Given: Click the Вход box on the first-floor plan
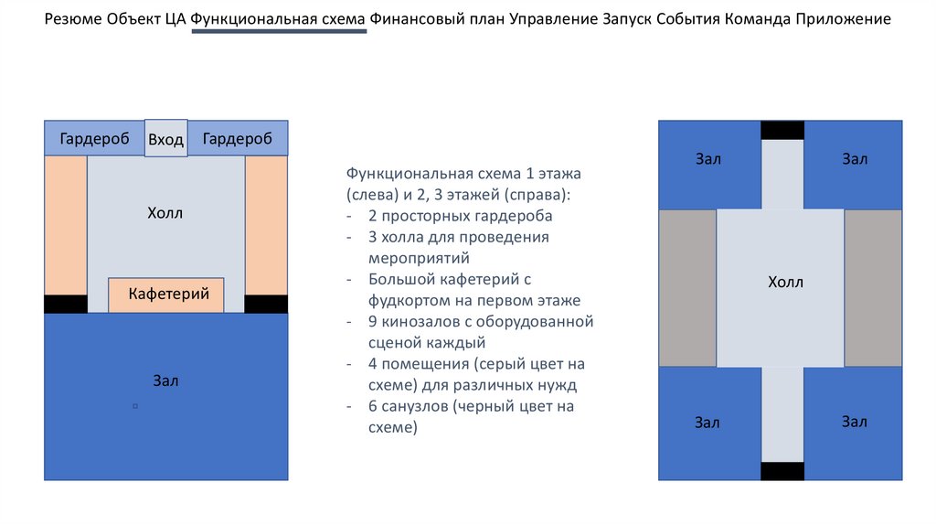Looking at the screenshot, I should (x=166, y=138).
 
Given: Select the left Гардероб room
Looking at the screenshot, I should (x=94, y=138).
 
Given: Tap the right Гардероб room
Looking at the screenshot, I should (x=239, y=138).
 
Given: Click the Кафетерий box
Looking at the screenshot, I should (x=168, y=295).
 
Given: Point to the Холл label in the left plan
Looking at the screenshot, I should (x=165, y=213).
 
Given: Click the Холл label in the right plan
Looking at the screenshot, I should (x=785, y=282).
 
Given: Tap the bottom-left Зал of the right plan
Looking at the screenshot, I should (x=708, y=423).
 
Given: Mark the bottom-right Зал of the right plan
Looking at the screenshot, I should (x=854, y=423).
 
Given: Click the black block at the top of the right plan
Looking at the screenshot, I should (x=782, y=130).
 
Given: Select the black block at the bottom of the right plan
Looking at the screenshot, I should (x=782, y=471).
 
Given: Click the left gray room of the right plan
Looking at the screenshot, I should (x=687, y=288).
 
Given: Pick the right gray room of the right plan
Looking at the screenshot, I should (x=873, y=288).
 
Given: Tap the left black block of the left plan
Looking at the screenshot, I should (x=66, y=304).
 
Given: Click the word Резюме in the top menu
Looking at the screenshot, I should (x=75, y=19).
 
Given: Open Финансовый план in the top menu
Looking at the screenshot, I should (x=437, y=19).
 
